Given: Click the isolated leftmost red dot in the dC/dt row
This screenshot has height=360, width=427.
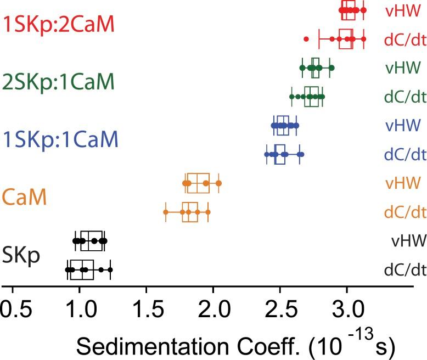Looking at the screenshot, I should [x=306, y=39].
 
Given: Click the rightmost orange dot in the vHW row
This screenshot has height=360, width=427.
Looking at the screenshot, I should [x=218, y=183].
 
